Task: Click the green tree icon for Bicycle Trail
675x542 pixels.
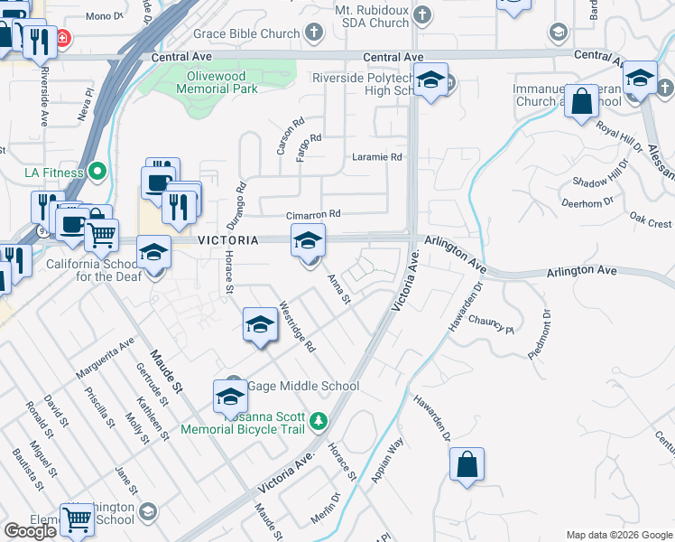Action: [x=318, y=421]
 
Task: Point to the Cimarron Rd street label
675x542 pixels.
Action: [x=313, y=215]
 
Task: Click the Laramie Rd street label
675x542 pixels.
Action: [x=376, y=157]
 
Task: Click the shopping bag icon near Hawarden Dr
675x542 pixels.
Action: [x=467, y=466]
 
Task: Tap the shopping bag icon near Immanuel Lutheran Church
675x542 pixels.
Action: [x=582, y=103]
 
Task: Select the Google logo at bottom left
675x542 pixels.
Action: [x=30, y=531]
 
